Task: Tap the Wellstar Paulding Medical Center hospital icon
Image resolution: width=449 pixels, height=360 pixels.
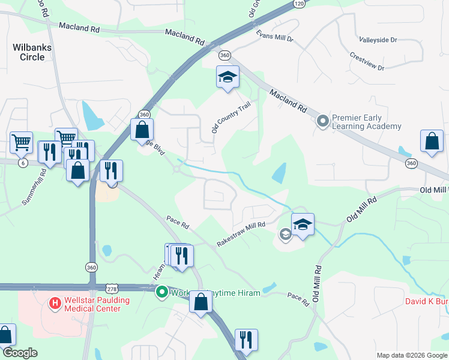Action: (x=55, y=304)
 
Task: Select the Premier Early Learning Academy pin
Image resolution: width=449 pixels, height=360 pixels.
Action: (x=323, y=121)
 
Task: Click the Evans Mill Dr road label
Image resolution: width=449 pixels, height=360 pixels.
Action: (x=274, y=37)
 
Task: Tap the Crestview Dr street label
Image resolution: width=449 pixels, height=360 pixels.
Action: (x=367, y=61)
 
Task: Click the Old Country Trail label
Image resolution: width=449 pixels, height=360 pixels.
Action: (x=231, y=117)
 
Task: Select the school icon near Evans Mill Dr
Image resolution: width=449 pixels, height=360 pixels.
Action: (x=228, y=77)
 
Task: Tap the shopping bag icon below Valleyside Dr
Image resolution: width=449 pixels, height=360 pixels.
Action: (x=432, y=142)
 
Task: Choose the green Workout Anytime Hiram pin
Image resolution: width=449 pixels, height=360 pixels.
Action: (x=161, y=293)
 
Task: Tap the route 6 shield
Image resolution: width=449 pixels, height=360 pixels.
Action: (x=22, y=163)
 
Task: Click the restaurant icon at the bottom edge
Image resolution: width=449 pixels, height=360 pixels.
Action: (x=246, y=340)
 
